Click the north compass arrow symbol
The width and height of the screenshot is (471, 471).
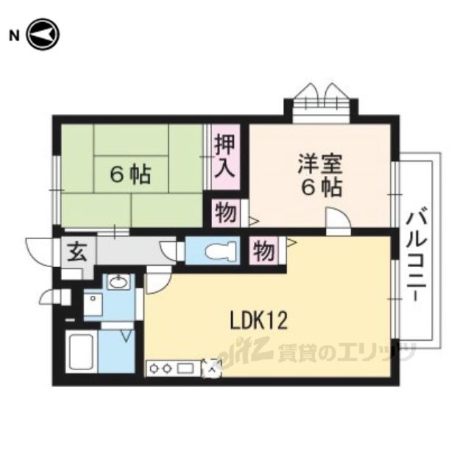pyautogui.click(x=43, y=35)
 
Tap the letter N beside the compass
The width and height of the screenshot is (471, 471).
pyautogui.click(x=14, y=36)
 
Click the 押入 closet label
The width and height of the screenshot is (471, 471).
pyautogui.click(x=225, y=156)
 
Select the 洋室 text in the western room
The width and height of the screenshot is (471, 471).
pyautogui.click(x=320, y=164)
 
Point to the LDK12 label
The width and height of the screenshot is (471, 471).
pyautogui.click(x=258, y=321)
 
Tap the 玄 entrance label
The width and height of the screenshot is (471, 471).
pyautogui.click(x=77, y=252)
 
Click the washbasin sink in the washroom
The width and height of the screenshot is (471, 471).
pyautogui.click(x=119, y=282)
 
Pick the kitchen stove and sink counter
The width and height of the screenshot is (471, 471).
pyautogui.click(x=173, y=368)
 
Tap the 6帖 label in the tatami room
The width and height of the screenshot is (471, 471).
pyautogui.click(x=130, y=175)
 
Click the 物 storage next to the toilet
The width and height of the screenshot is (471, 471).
pyautogui.click(x=263, y=250)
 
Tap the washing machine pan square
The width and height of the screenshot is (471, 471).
pyautogui.click(x=93, y=304)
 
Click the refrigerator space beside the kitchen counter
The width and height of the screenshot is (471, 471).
pyautogui.click(x=211, y=368)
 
